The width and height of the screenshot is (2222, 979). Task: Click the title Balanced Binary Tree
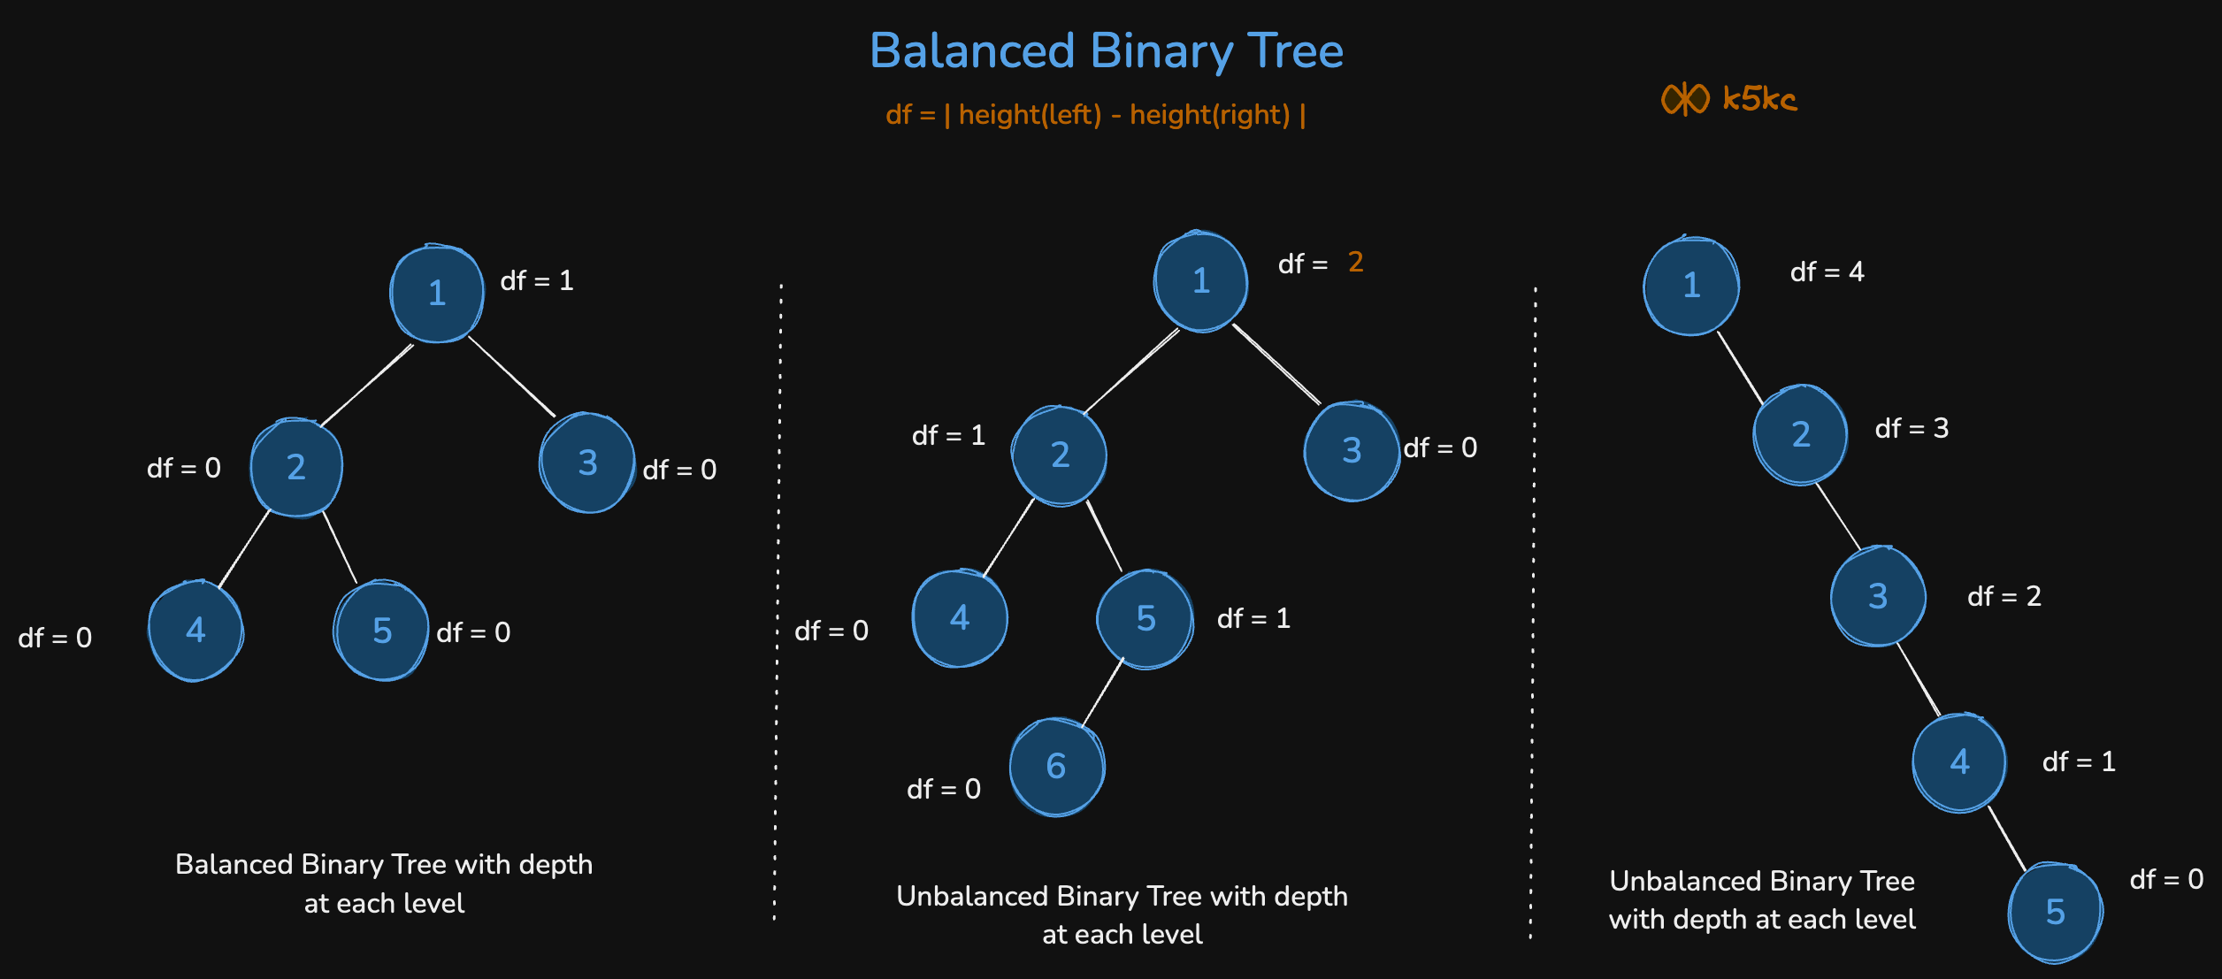click(1106, 51)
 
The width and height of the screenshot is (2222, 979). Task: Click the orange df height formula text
click(1095, 115)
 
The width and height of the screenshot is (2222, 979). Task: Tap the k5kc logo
click(1728, 98)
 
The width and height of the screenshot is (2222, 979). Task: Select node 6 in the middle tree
click(1057, 767)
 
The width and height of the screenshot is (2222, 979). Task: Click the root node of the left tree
click(437, 293)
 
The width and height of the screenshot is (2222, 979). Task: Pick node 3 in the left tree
click(587, 463)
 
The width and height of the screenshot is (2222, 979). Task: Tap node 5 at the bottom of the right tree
click(2055, 912)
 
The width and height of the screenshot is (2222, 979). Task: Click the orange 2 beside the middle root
click(1355, 262)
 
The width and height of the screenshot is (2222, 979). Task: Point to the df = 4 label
click(1827, 272)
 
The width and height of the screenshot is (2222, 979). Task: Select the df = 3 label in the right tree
click(1912, 429)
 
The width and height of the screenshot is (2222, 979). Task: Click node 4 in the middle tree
click(960, 617)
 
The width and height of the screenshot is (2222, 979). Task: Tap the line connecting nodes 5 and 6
click(1101, 692)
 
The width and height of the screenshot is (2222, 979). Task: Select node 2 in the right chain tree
click(1800, 434)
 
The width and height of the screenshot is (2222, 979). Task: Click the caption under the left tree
click(384, 883)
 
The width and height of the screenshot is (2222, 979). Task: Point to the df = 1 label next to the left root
click(537, 281)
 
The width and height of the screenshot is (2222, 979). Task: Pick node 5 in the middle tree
click(1145, 618)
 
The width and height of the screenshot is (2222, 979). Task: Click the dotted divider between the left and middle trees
click(778, 601)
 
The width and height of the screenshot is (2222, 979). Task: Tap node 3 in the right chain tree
click(1877, 596)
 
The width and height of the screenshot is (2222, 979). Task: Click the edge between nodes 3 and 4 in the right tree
click(1918, 679)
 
